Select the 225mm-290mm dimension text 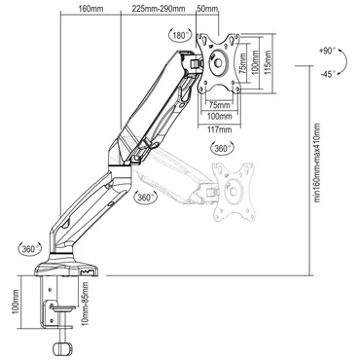click(157, 10)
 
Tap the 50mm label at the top click(207, 10)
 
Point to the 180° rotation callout click(178, 34)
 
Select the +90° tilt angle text click(327, 49)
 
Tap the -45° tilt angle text click(327, 73)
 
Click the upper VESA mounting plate click(222, 63)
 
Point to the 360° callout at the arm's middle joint click(146, 196)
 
